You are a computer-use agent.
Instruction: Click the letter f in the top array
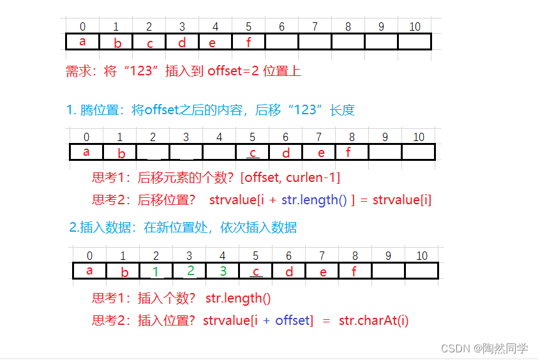[x=249, y=42]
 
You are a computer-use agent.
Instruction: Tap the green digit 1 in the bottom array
[x=156, y=272]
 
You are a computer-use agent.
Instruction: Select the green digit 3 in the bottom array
[x=223, y=271]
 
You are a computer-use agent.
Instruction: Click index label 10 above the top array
[x=415, y=27]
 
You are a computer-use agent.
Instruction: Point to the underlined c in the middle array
[x=253, y=153]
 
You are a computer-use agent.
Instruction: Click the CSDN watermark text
[x=484, y=348]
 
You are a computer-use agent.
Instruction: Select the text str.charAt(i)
[x=373, y=320]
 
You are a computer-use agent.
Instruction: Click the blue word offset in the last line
[x=292, y=320]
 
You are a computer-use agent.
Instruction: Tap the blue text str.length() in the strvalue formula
[x=314, y=200]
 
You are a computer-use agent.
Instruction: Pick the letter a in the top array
[x=82, y=41]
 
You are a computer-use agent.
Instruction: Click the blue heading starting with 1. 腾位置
[x=210, y=110]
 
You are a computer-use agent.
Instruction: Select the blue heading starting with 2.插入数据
[x=183, y=227]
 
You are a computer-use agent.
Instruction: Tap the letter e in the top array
[x=213, y=43]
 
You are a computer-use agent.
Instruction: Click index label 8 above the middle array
[x=352, y=137]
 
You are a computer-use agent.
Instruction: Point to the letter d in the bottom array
[x=289, y=272]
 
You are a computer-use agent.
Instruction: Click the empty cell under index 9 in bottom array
[x=388, y=271]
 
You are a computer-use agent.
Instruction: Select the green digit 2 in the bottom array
[x=190, y=271]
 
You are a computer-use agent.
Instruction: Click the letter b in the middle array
[x=122, y=153]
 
